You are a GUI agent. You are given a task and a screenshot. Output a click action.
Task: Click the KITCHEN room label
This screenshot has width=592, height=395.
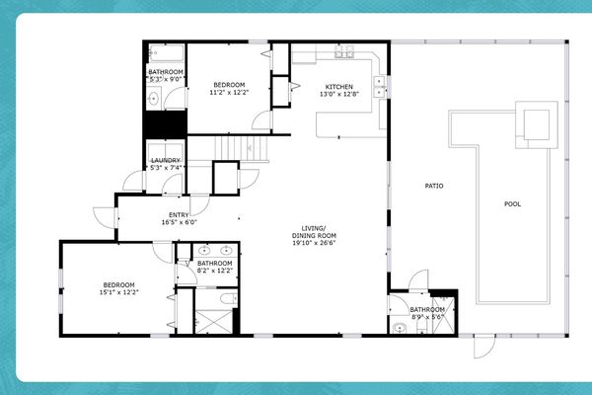tap(339, 87)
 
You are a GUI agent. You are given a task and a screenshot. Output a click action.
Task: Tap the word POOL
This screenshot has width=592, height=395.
tap(512, 204)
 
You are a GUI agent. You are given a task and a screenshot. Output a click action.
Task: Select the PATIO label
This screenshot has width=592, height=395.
tap(433, 185)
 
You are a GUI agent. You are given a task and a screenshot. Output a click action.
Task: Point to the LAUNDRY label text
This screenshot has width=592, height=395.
tap(165, 160)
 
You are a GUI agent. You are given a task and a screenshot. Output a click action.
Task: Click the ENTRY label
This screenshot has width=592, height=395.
tap(179, 214)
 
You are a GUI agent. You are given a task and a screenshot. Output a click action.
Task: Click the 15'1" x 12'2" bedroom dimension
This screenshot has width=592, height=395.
tap(118, 292)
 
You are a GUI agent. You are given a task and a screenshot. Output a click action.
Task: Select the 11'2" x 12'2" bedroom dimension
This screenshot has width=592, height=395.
tap(229, 94)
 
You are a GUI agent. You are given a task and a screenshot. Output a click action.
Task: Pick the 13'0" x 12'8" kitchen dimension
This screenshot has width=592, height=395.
tap(339, 96)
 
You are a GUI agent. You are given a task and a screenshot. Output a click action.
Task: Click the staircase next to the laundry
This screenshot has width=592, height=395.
tap(243, 149)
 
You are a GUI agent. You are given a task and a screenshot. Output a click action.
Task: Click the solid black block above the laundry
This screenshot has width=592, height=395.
tap(165, 126)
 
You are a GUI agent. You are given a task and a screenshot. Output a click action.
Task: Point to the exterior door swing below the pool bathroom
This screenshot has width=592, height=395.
tap(482, 345)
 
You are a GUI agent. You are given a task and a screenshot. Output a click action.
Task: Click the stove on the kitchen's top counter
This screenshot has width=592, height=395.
tap(344, 52)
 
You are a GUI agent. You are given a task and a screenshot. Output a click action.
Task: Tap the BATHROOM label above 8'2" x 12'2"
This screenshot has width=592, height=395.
tap(214, 263)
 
